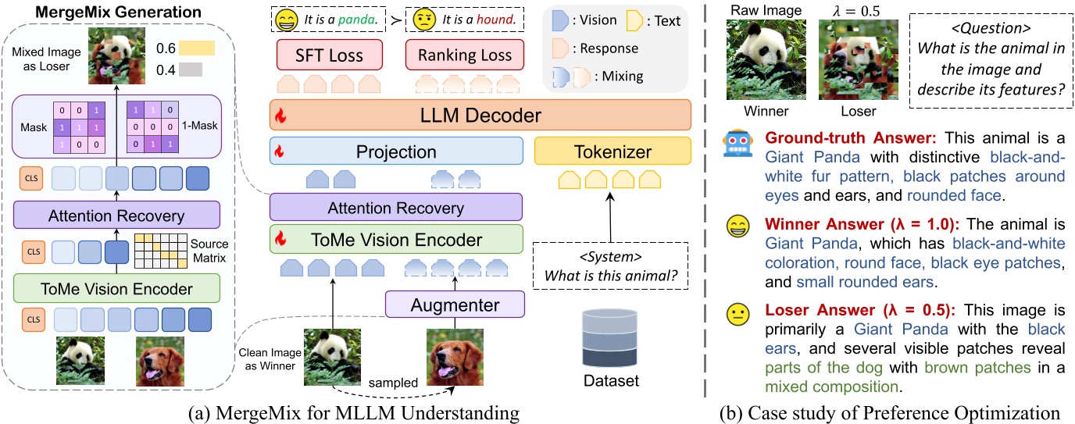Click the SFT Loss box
click(x=330, y=55)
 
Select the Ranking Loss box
click(x=464, y=55)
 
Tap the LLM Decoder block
click(x=480, y=116)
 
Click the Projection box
click(x=395, y=151)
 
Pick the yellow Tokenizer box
click(x=612, y=151)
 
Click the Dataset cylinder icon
click(x=611, y=340)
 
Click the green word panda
click(x=358, y=18)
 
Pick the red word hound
click(x=486, y=18)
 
